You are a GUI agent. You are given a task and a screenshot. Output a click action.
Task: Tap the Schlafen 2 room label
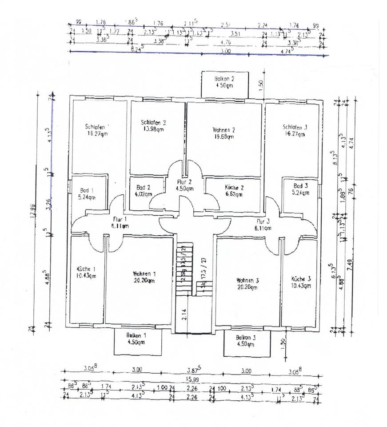(153, 122)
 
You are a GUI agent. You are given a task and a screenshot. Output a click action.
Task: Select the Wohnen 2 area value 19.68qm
(223, 137)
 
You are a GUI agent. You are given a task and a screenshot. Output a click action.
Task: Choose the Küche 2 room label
(233, 187)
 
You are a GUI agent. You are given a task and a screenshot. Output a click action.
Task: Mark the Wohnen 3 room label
(247, 281)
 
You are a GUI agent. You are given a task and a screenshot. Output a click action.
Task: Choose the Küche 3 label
(300, 279)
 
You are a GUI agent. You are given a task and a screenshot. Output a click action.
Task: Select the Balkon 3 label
(246, 338)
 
